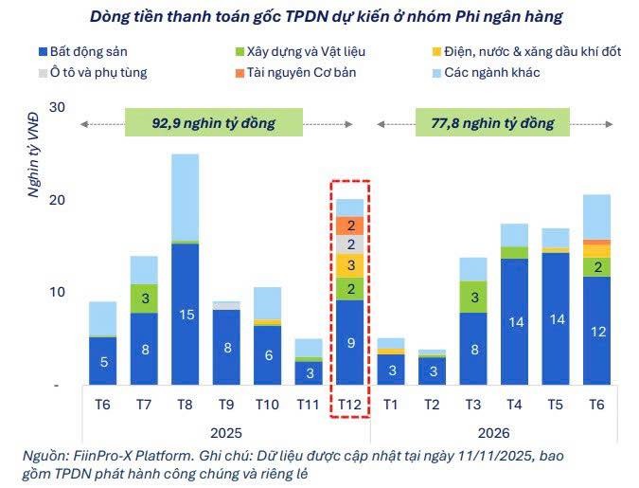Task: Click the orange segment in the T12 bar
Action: pyautogui.click(x=350, y=226)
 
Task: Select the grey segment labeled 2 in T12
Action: pyautogui.click(x=350, y=244)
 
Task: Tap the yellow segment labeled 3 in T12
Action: pyautogui.click(x=350, y=265)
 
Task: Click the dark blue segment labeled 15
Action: pyautogui.click(x=186, y=315)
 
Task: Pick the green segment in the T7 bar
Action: pyautogui.click(x=144, y=298)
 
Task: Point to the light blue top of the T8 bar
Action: pyautogui.click(x=186, y=197)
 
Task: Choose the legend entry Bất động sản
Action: pyautogui.click(x=83, y=52)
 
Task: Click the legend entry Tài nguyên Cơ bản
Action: pyautogui.click(x=296, y=73)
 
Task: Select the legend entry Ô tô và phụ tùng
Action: pyautogui.click(x=93, y=73)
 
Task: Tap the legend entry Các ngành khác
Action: pyautogui.click(x=487, y=73)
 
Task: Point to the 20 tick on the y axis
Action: pyautogui.click(x=57, y=200)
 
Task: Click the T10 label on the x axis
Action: pyautogui.click(x=267, y=405)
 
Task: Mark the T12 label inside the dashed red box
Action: pyautogui.click(x=349, y=405)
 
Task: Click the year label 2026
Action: pyautogui.click(x=493, y=433)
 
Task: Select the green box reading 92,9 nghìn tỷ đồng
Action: pyautogui.click(x=214, y=122)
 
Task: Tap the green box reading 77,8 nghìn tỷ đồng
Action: pyautogui.click(x=492, y=122)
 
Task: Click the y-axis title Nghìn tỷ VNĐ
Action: pyautogui.click(x=33, y=155)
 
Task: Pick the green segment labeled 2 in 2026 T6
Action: pyautogui.click(x=597, y=267)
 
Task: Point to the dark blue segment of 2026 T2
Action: pyautogui.click(x=433, y=371)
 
